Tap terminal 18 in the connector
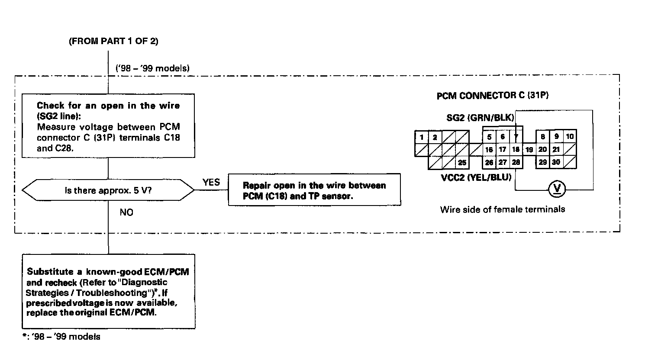coord(516,150)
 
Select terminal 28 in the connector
coord(516,162)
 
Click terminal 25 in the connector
coord(462,163)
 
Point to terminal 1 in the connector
coord(422,137)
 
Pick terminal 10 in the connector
coord(570,137)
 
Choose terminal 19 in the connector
coord(529,150)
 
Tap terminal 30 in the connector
coord(556,162)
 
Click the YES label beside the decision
coord(211,182)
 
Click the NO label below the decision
coord(126,212)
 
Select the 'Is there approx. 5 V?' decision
coord(108,190)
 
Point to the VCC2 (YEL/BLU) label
coord(476,177)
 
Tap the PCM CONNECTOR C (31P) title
coord(492,96)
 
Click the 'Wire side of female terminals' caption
coord(503,209)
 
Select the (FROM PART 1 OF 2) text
coord(113,41)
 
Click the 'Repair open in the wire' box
coord(314,190)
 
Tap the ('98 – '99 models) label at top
coord(152,68)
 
